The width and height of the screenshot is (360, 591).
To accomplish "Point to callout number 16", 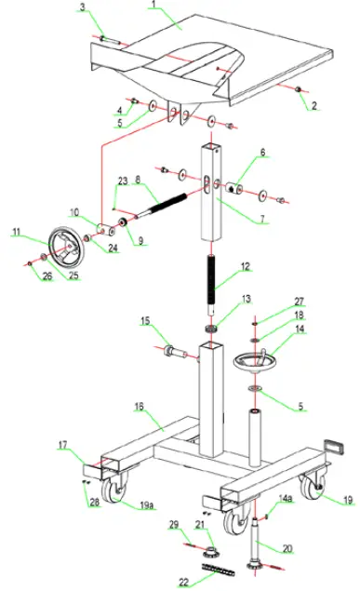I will pyautogui.click(x=140, y=407).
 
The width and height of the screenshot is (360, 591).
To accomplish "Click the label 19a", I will pyautogui.click(x=147, y=505).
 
